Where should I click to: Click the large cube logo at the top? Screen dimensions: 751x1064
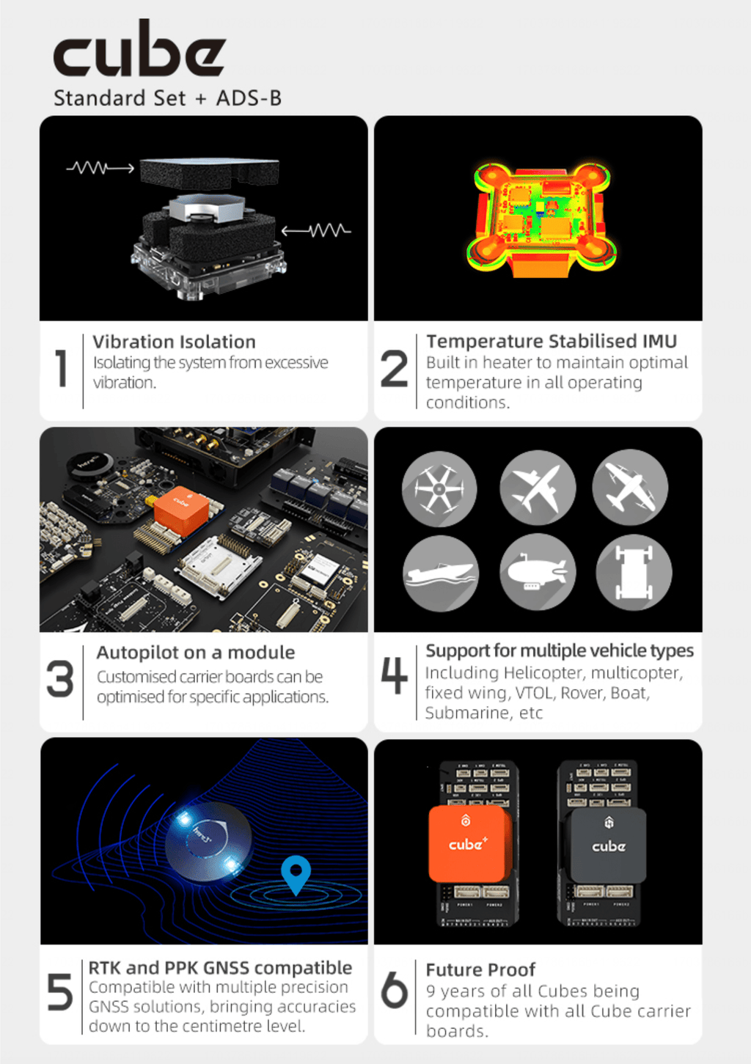click(139, 48)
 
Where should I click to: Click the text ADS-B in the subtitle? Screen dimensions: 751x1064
click(249, 98)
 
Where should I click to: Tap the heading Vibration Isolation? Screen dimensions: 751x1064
click(174, 342)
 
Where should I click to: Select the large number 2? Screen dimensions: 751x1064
click(394, 368)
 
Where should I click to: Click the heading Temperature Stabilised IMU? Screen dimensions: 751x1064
click(552, 341)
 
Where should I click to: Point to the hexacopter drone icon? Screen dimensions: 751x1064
click(439, 489)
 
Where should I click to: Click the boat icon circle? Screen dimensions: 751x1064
click(440, 573)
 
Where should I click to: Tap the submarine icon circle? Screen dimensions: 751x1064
click(538, 572)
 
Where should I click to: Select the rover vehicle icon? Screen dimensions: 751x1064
click(634, 572)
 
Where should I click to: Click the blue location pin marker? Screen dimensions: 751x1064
click(296, 873)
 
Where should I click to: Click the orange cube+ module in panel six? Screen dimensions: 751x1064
click(469, 843)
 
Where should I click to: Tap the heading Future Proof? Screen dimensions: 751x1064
click(480, 969)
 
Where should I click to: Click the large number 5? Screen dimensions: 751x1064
click(60, 992)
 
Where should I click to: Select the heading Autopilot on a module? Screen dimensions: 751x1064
click(196, 653)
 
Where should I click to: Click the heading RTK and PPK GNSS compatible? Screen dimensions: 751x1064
click(221, 968)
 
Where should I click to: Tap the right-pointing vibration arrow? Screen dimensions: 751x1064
click(100, 168)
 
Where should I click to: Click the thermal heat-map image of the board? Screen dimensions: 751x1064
click(541, 220)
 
